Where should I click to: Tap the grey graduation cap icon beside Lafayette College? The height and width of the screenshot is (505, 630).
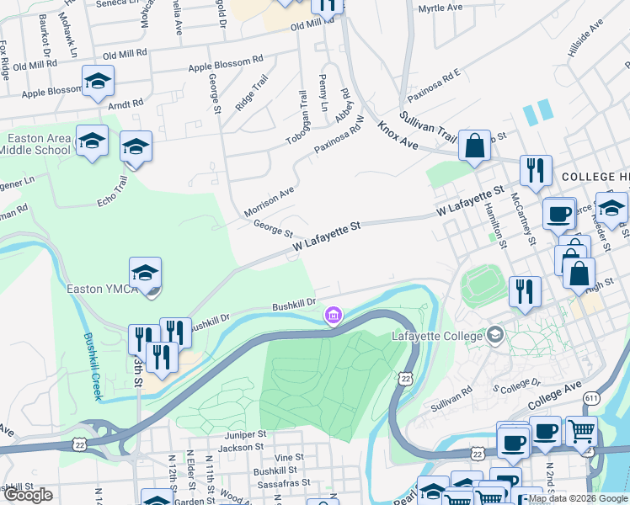(494, 336)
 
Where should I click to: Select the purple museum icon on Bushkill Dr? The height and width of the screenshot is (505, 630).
(334, 316)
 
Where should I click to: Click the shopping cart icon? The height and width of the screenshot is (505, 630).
(580, 431)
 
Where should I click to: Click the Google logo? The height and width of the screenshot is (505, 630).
(28, 495)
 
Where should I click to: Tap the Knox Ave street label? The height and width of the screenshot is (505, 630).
(398, 135)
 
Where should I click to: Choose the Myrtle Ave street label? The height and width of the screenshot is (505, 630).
(440, 8)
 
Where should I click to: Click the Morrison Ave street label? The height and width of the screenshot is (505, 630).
(269, 201)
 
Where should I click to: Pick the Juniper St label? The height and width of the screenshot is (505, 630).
(245, 434)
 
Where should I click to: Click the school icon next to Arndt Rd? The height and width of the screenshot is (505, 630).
(98, 82)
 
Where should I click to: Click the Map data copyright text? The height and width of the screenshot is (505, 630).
(578, 498)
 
